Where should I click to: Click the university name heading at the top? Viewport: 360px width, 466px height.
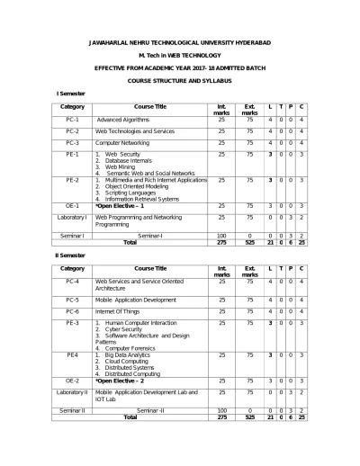[x=181, y=42]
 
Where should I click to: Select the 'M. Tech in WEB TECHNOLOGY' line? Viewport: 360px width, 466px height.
[x=181, y=56]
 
